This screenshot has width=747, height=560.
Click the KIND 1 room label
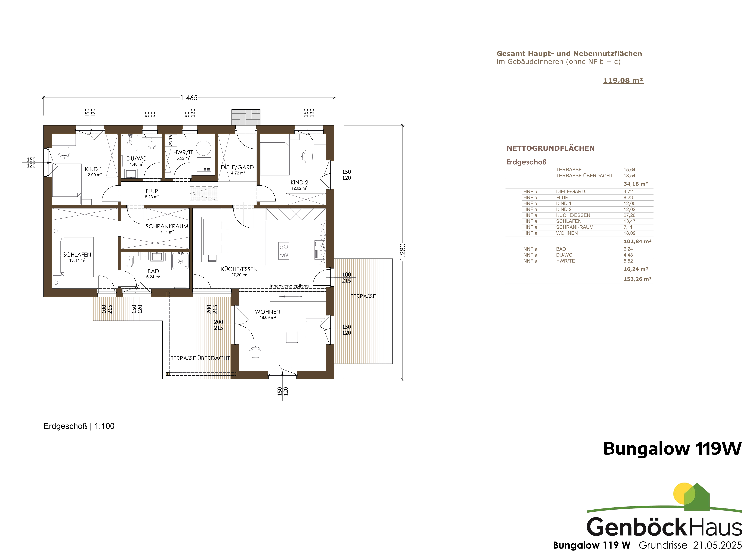click(x=93, y=169)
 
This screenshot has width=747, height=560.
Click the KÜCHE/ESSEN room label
click(x=239, y=269)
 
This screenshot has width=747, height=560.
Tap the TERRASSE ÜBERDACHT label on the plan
click(x=200, y=358)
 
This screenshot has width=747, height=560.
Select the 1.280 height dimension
click(x=403, y=252)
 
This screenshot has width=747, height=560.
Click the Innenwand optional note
click(x=290, y=286)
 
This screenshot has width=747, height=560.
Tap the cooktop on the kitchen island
click(x=284, y=251)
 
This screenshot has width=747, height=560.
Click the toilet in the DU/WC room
click(x=152, y=144)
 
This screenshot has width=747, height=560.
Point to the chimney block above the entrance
click(x=246, y=117)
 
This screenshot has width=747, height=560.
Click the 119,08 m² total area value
click(x=623, y=80)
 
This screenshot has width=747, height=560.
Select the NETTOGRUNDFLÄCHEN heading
click(x=550, y=148)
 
